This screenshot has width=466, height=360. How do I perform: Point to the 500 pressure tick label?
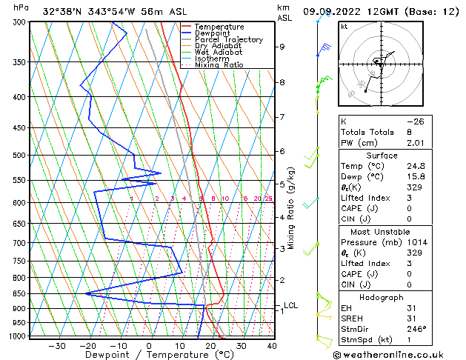click(x=19, y=156)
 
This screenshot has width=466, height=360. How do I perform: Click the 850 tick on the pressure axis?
click(x=19, y=293)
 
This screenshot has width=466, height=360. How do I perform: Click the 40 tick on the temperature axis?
click(x=272, y=346)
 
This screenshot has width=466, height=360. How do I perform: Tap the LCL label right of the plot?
click(x=290, y=305)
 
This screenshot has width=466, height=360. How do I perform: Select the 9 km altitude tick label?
click(x=282, y=47)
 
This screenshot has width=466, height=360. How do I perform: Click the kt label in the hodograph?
click(x=344, y=27)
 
